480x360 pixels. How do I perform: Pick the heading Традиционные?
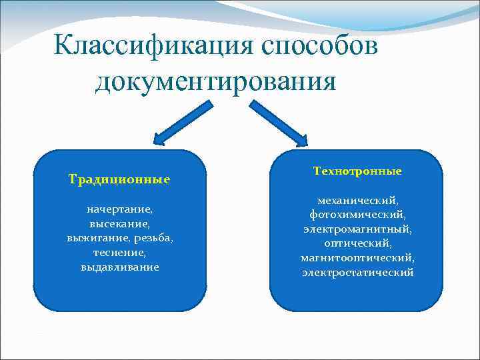tap(119, 179)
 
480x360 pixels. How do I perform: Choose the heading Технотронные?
tap(357, 171)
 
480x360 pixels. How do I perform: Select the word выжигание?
tap(98, 238)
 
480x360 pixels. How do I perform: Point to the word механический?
tap(357, 200)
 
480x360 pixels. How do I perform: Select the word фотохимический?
tap(357, 215)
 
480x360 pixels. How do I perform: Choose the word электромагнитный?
tap(357, 229)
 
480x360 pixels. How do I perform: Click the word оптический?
tap(357, 243)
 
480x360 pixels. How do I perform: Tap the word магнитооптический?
tap(357, 258)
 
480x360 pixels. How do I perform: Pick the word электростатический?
tap(357, 273)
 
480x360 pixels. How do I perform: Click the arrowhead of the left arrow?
tap(161, 139)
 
